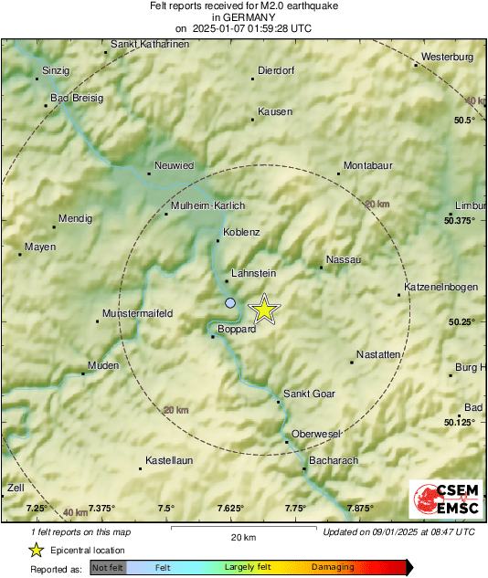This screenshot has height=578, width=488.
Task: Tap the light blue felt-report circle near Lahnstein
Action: click(x=230, y=302)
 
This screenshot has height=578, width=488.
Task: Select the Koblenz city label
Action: click(x=242, y=232)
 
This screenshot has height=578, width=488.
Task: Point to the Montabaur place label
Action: click(x=367, y=165)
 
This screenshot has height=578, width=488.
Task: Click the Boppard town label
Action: click(x=237, y=330)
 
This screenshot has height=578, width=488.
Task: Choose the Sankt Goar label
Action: click(x=309, y=394)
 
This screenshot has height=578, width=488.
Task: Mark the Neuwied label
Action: click(x=174, y=165)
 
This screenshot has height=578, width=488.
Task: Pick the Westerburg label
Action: click(x=447, y=58)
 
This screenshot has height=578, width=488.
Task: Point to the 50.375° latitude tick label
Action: click(x=461, y=220)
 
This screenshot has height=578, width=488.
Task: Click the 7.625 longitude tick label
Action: click(x=230, y=508)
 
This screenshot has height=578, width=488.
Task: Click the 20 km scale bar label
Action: click(x=243, y=536)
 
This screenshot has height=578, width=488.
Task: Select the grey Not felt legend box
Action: click(x=108, y=567)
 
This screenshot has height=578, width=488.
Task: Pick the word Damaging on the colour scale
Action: click(x=333, y=567)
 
